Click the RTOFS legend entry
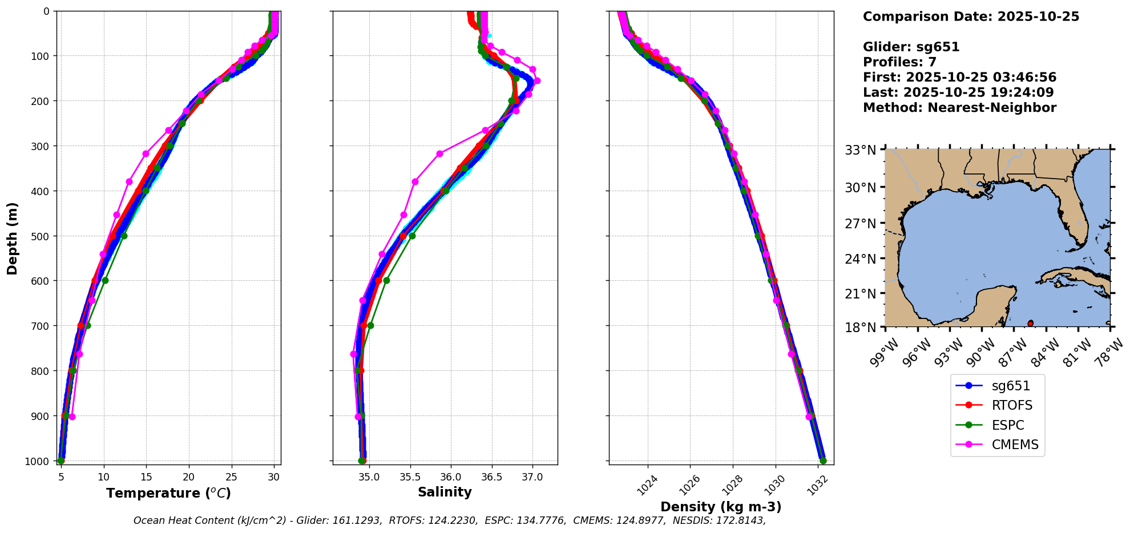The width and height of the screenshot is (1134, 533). coord(1012,405)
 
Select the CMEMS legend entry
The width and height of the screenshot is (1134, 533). coord(1015,445)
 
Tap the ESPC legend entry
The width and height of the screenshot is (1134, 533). coord(1007,425)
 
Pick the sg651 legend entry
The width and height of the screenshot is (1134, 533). coord(1011,386)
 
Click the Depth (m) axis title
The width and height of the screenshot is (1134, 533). coord(13,238)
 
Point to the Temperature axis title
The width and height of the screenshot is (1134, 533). coord(168,493)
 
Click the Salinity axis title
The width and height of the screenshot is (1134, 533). coord(445,492)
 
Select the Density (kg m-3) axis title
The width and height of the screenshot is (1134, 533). coord(721,507)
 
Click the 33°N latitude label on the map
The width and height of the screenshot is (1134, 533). coord(860,150)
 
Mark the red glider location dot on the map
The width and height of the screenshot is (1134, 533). coord(1030,324)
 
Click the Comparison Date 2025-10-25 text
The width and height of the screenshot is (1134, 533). coord(971,17)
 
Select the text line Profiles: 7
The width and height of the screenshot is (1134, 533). coord(899,62)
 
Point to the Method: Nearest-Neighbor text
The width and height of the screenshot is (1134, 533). coord(959,108)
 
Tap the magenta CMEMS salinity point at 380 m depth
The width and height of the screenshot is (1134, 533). coord(415,181)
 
